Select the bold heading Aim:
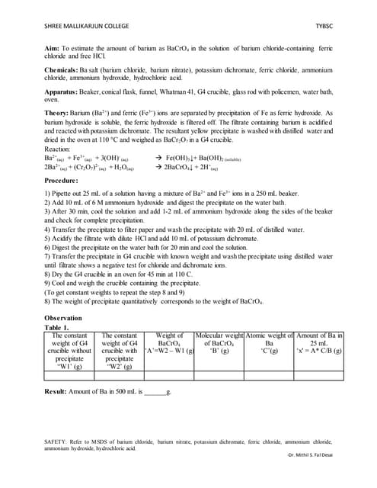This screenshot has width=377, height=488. coord(53,48)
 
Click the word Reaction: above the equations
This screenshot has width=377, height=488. coord(62,149)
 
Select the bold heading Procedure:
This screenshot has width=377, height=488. coord(68,180)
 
